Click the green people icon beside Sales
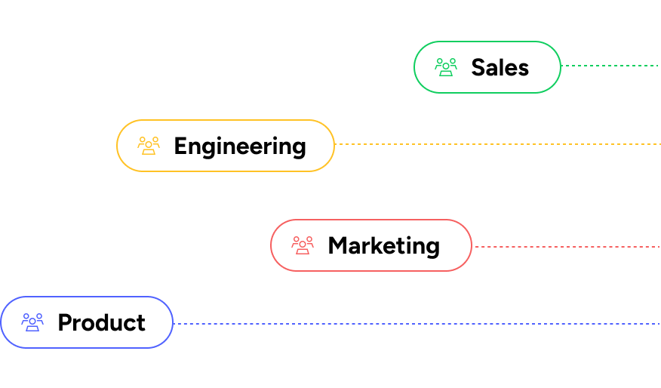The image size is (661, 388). click(x=446, y=67)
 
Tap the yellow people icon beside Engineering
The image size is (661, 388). click(x=149, y=146)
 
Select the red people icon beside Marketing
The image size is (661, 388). click(x=303, y=245)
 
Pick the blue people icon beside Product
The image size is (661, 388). click(x=32, y=322)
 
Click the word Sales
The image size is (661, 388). click(x=500, y=67)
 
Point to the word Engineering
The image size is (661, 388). click(x=239, y=146)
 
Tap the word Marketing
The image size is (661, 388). click(x=383, y=245)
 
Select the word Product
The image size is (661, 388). click(x=101, y=322)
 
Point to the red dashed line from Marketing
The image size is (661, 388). click(x=566, y=247)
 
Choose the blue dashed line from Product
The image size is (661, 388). click(x=415, y=324)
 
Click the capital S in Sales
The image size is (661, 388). click(x=478, y=67)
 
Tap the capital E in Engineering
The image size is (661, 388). click(x=180, y=146)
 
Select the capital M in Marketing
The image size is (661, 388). click(x=337, y=245)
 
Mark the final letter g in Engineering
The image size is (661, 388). click(x=299, y=148)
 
